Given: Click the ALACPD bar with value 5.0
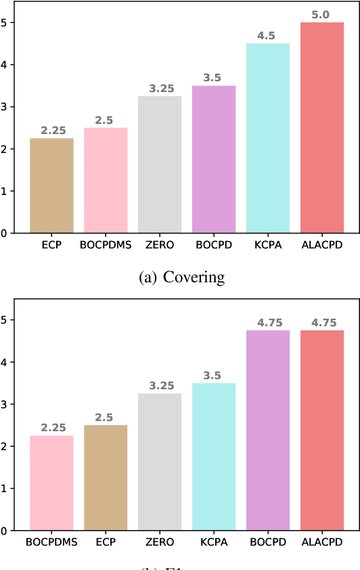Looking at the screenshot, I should tap(322, 128).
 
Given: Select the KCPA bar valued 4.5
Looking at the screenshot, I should tap(268, 138).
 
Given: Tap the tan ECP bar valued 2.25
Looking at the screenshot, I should tap(51, 185).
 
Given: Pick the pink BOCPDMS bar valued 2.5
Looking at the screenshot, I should tap(106, 181).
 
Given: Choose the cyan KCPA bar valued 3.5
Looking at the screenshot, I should tap(214, 457).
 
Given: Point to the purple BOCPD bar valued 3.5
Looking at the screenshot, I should tap(214, 160).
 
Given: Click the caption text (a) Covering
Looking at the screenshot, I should tap(180, 277).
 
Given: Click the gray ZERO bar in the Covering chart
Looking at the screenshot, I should tap(160, 165).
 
